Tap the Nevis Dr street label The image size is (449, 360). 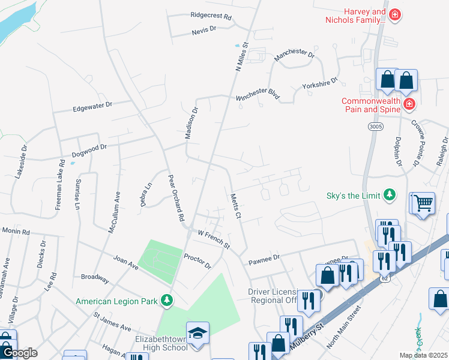(x=203, y=29)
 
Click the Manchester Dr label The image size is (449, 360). (x=294, y=56)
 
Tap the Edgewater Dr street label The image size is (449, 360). (x=92, y=107)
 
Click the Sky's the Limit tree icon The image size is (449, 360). (x=390, y=194)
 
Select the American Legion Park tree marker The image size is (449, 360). (x=169, y=300)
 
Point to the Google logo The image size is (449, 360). (x=19, y=353)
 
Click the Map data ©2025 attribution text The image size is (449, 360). (x=423, y=355)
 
